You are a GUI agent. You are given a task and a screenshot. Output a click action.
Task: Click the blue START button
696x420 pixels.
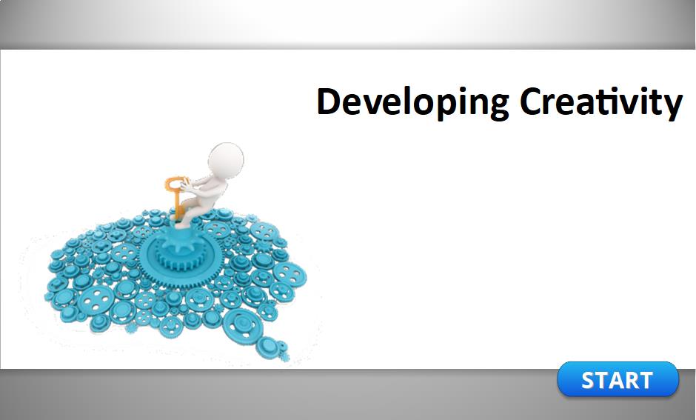click(x=618, y=379)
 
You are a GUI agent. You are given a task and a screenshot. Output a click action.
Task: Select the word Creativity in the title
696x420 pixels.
click(x=601, y=103)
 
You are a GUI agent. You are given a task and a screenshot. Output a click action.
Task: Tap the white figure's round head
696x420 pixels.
click(x=226, y=160)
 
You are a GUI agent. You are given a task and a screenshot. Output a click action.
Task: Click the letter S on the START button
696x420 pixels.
click(x=589, y=381)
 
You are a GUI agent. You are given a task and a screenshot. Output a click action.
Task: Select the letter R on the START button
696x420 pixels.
click(x=629, y=381)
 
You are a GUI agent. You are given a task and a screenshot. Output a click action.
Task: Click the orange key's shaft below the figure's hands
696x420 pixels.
click(x=177, y=204)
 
